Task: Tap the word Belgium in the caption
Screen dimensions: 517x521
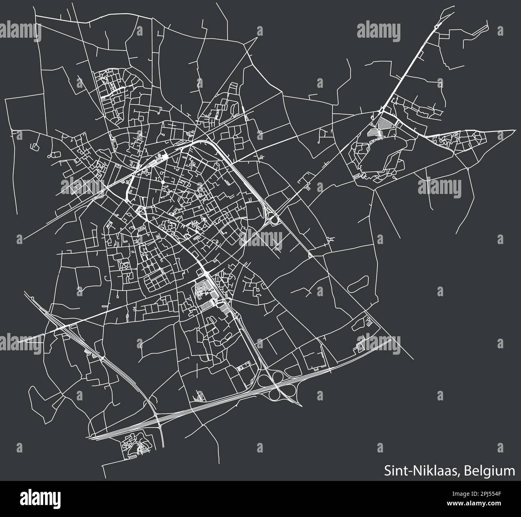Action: tap(490, 470)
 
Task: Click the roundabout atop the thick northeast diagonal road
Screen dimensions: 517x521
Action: tap(436, 27)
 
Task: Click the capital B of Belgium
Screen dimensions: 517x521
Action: tap(467, 470)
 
